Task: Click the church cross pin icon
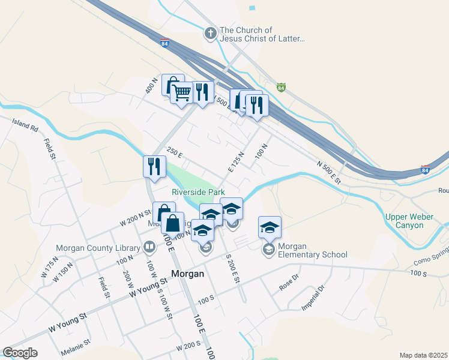(x=211, y=34)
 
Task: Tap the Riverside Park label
(x=198, y=192)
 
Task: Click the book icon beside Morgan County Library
(x=149, y=247)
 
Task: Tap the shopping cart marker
(x=182, y=94)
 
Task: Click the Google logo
(x=20, y=353)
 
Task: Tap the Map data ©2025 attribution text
(x=423, y=355)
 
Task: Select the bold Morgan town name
(x=188, y=274)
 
